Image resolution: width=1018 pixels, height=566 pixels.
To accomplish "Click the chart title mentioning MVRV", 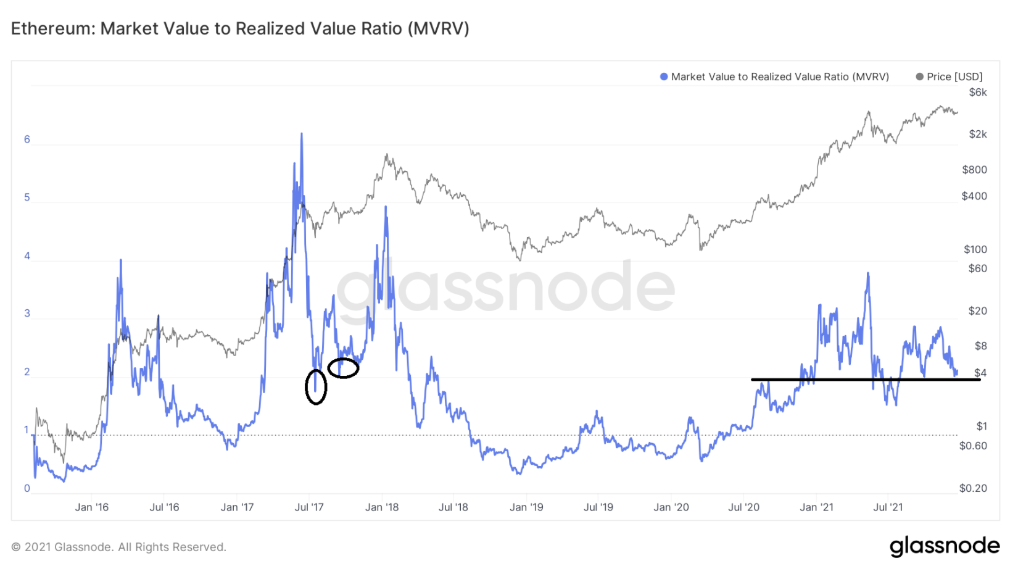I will pos(240,29).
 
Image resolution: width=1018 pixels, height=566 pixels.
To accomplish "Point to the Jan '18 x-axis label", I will pos(382,507).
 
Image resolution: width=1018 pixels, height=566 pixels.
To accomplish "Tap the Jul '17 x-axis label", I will pos(309,507).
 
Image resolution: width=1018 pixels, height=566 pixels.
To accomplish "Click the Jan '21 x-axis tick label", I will pos(816,507).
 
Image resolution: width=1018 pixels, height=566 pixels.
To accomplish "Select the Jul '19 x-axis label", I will pos(598,507).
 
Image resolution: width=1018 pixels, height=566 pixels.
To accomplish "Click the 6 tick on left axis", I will pos(27,139).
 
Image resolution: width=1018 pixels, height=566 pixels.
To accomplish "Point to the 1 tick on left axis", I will pos(27,430).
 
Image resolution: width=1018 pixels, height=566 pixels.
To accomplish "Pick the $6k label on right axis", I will pos(978,93).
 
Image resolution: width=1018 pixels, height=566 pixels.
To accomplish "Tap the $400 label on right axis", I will pos(974,196).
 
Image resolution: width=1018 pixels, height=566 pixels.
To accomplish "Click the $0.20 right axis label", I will pos(973,488).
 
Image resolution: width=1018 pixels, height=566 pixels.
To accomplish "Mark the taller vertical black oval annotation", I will pos(316,387).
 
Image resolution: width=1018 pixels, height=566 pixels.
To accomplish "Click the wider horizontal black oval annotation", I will pos(343,368).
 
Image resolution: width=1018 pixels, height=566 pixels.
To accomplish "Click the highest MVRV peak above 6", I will pos(302,134).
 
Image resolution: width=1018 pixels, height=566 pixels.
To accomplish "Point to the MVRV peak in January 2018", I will pos(386,207).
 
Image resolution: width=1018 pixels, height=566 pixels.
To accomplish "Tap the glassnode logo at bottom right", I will pos(944,546).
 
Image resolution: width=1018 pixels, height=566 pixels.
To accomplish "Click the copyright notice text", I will pos(119,547).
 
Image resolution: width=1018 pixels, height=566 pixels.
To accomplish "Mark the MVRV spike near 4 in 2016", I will pos(121,260).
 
